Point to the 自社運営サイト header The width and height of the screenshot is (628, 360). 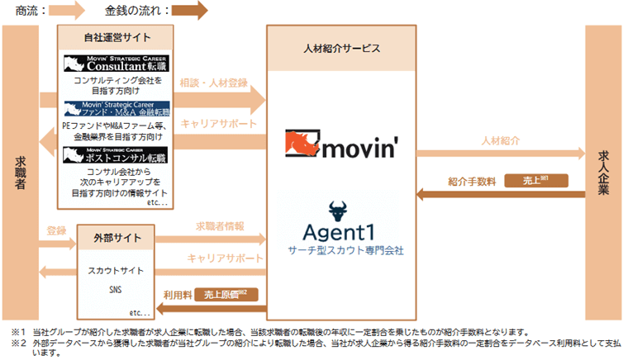[117, 37]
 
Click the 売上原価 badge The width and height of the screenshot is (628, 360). [225, 293]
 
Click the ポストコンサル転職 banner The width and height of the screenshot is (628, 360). [117, 154]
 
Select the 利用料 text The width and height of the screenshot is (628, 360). [177, 293]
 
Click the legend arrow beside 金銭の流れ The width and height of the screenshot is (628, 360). [190, 12]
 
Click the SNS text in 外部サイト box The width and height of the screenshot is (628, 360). [116, 290]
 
